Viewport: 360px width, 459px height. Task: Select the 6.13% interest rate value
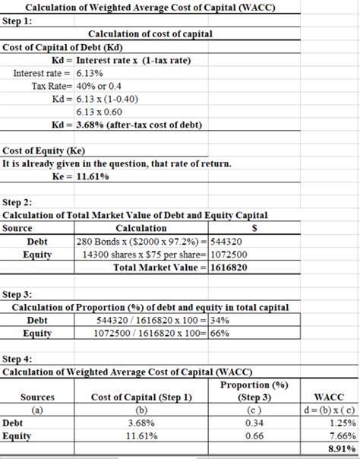[x=90, y=73]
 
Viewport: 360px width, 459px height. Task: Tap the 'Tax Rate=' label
[x=52, y=86]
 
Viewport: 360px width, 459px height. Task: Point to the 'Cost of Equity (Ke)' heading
[x=44, y=150]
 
